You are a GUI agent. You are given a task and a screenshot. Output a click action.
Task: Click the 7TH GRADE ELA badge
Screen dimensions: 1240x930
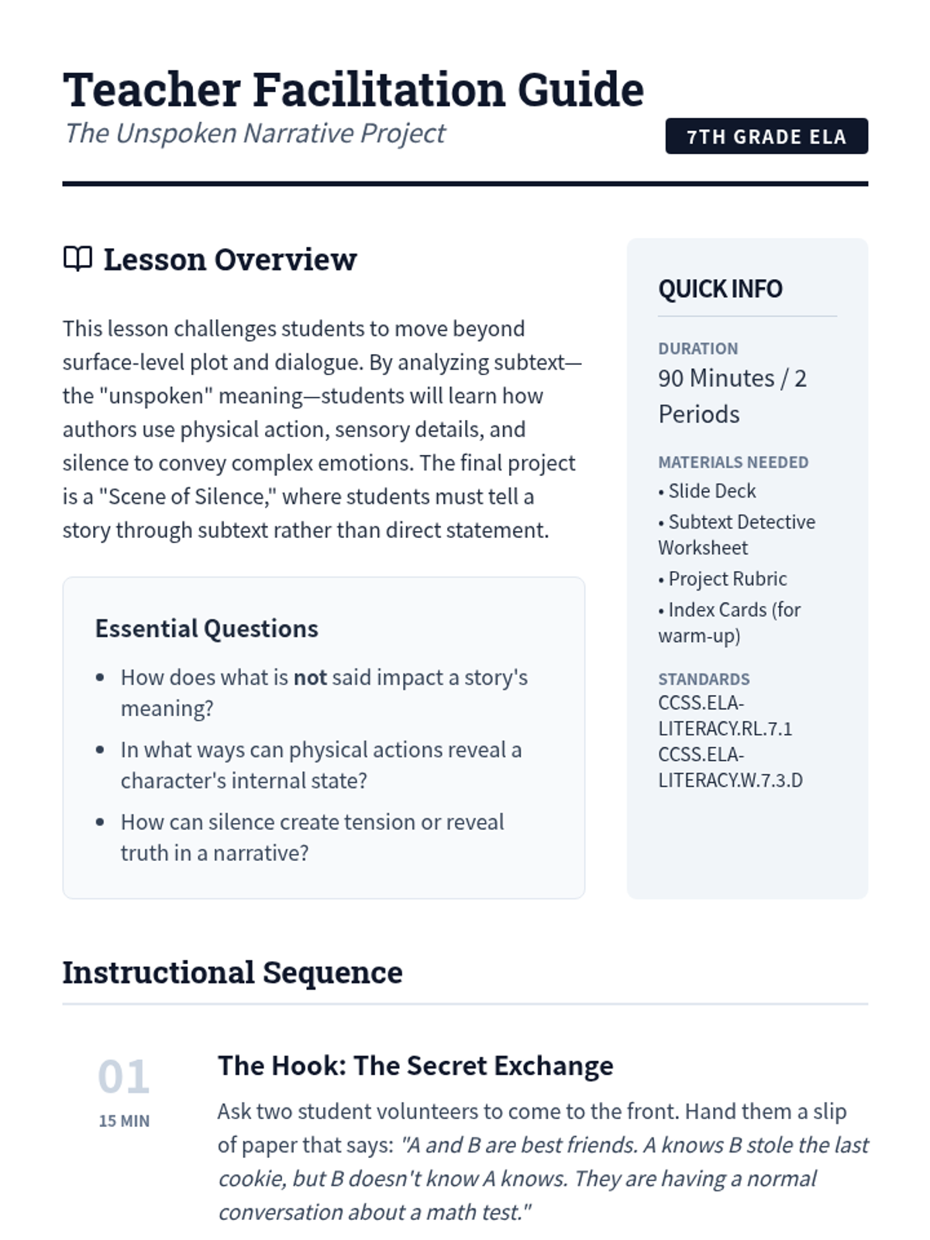(766, 136)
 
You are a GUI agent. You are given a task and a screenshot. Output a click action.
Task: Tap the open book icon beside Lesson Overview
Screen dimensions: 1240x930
(77, 259)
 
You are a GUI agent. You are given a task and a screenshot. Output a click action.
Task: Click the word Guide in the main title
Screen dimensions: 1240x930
(580, 90)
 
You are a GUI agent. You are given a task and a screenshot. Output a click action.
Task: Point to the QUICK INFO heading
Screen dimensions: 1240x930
(720, 289)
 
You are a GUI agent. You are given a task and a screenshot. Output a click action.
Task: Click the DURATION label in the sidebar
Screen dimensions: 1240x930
(697, 349)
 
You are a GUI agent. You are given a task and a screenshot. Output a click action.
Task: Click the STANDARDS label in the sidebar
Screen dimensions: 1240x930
(704, 679)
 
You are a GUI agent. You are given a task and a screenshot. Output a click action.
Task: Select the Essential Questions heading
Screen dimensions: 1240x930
(206, 629)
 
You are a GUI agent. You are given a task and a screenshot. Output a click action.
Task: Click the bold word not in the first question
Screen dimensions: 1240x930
(310, 677)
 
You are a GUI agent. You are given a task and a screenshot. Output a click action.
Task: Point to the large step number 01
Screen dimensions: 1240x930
(123, 1076)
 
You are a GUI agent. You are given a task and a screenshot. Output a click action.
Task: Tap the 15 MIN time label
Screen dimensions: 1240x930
(124, 1121)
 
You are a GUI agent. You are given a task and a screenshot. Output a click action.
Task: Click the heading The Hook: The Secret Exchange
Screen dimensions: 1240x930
(415, 1066)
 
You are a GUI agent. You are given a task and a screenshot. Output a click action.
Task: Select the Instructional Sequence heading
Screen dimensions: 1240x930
(232, 973)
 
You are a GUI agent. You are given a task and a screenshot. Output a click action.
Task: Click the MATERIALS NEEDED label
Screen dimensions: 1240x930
(732, 462)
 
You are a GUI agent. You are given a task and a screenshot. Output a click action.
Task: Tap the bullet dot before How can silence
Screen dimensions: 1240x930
(100, 822)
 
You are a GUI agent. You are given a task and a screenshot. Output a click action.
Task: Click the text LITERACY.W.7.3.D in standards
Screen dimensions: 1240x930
(730, 780)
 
